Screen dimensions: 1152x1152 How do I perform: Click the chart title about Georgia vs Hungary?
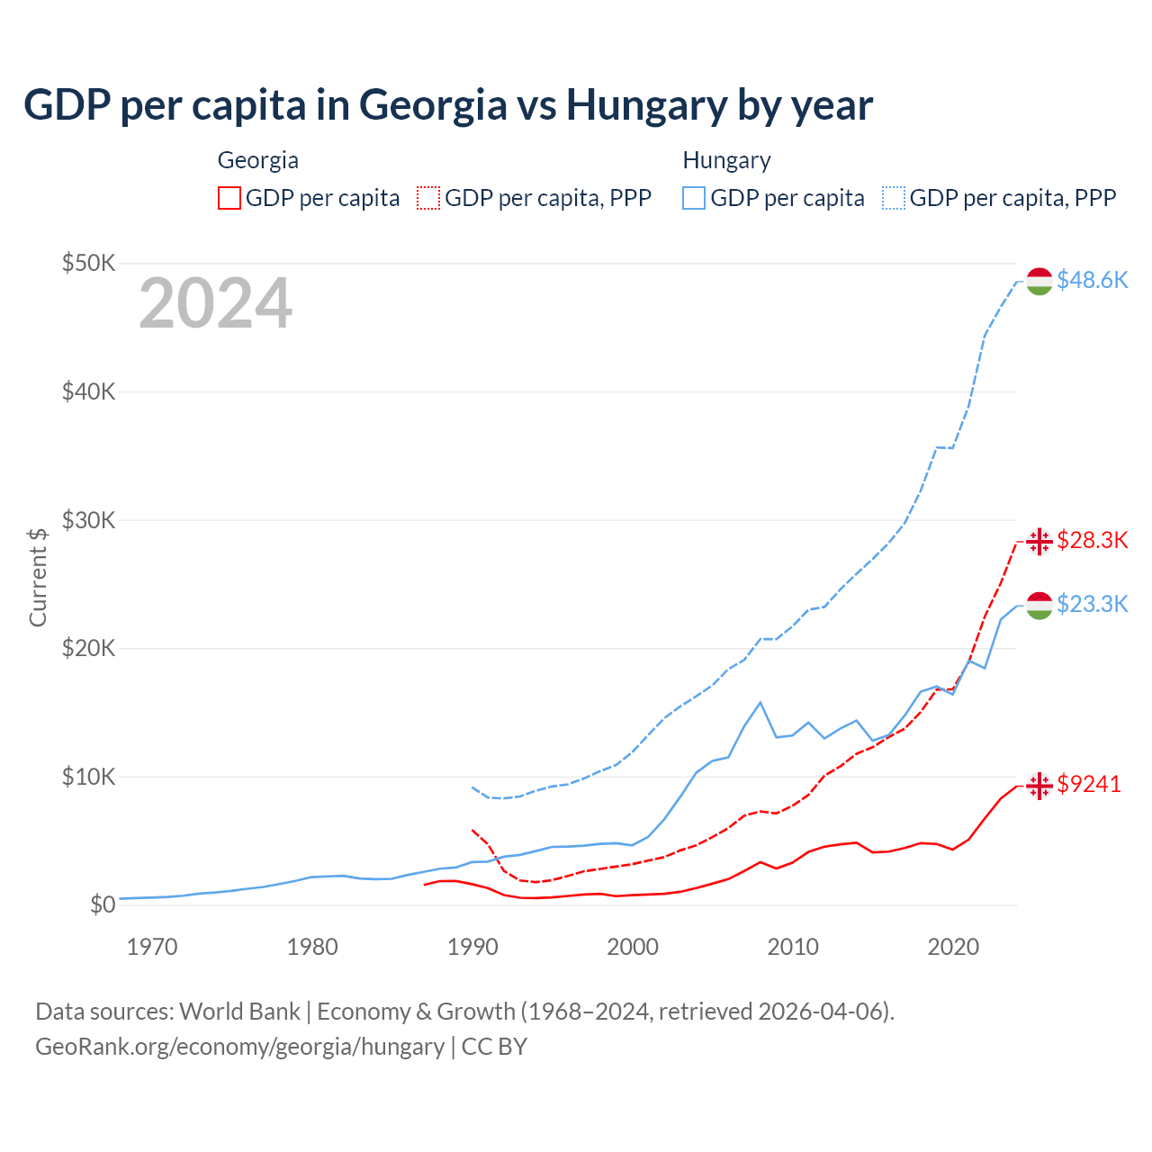point(447,105)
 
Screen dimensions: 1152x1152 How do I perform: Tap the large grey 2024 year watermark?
point(215,303)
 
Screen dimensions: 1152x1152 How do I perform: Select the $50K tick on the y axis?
point(88,263)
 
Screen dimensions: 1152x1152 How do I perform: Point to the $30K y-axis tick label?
point(88,520)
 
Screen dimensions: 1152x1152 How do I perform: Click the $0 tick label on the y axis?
point(103,904)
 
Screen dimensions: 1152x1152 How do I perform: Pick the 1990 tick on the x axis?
point(472,947)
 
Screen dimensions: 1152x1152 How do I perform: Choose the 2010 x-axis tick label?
point(793,947)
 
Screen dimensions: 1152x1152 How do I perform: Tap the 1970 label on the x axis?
point(152,947)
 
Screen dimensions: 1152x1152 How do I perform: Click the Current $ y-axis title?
point(38,577)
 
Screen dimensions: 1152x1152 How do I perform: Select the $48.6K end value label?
point(1092,280)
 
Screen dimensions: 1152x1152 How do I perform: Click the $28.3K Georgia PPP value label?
point(1092,540)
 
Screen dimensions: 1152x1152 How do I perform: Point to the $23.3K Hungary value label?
point(1092,604)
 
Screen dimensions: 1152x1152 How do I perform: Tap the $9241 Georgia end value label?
point(1089,784)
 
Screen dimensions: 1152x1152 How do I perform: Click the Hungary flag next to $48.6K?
point(1039,281)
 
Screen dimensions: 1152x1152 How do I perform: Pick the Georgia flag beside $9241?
point(1039,786)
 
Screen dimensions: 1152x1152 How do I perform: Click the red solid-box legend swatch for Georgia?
point(229,198)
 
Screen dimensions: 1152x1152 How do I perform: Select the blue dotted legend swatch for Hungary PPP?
point(894,198)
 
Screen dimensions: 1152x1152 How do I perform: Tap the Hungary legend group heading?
point(726,160)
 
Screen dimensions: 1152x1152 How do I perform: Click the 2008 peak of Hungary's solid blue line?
point(760,702)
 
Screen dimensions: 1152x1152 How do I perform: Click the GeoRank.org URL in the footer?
point(239,1047)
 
